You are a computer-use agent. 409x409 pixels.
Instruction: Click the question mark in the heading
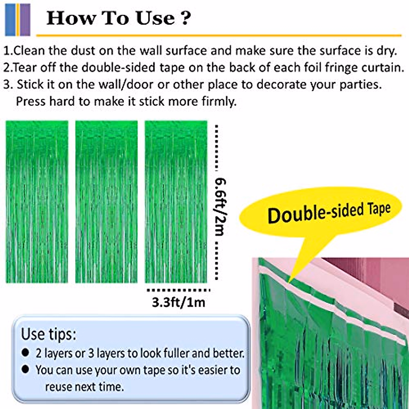click(x=185, y=18)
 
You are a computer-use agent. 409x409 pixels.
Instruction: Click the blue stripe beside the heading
click(x=10, y=20)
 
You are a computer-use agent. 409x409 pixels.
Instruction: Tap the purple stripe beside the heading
click(x=25, y=20)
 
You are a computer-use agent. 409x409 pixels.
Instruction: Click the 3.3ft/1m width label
click(x=179, y=302)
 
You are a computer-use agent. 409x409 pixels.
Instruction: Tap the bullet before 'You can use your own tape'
click(x=25, y=369)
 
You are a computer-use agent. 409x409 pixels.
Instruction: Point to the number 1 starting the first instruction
click(x=7, y=51)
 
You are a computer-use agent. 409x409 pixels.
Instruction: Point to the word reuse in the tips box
click(x=58, y=387)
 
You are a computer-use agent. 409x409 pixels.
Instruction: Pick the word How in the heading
click(x=70, y=18)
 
